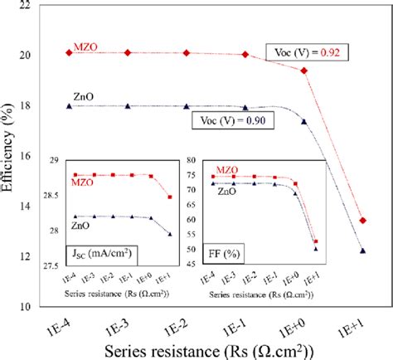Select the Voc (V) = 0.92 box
click(x=308, y=51)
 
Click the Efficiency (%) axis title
click(x=9, y=155)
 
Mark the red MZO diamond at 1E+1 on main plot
click(x=363, y=221)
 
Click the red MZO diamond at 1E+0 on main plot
click(x=304, y=71)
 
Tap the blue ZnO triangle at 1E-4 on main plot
click(x=69, y=106)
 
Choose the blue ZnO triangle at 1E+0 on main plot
click(x=304, y=121)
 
